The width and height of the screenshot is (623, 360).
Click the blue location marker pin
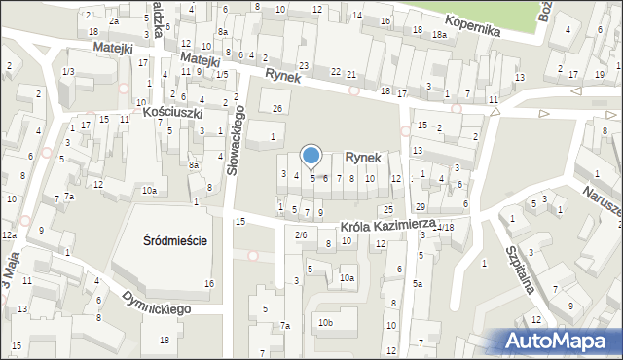(311, 155)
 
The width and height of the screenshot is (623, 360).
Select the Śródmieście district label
(174, 240)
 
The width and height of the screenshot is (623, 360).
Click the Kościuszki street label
(171, 113)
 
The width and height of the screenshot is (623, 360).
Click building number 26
(277, 107)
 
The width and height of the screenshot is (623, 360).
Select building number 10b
(325, 322)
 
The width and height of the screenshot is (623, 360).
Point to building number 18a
(439, 35)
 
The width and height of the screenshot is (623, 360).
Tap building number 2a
(114, 20)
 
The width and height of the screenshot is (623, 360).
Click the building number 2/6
(301, 234)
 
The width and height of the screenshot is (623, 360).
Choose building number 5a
(417, 283)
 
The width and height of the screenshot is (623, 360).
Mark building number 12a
(8, 235)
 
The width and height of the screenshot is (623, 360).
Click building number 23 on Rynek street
(304, 66)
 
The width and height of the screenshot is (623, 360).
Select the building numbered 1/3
(68, 72)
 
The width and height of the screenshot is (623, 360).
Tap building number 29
(421, 207)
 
